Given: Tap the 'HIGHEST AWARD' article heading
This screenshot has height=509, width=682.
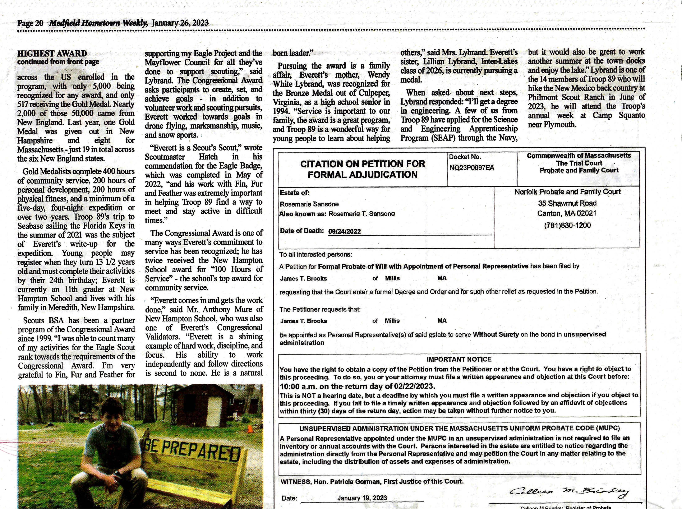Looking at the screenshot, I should (x=52, y=54).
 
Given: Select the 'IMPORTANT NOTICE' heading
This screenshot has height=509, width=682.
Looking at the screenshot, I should (x=459, y=359).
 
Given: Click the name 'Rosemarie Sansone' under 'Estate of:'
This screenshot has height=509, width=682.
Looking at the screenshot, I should (x=309, y=204).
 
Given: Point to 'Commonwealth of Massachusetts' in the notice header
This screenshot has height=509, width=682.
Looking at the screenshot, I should (x=579, y=156).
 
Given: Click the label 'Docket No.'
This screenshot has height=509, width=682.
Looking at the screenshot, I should (x=465, y=157).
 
